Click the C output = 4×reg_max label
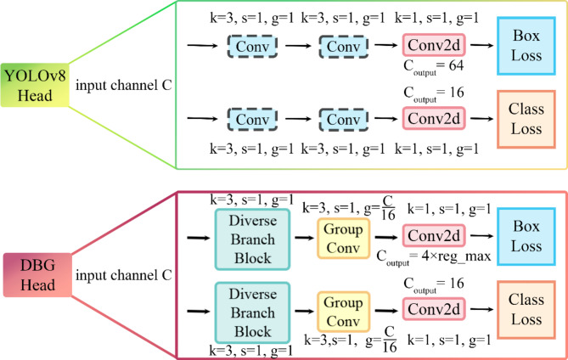click(435, 257)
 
